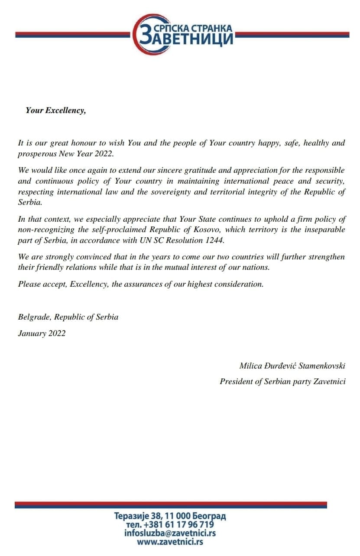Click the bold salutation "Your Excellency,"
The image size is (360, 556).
pyautogui.click(x=56, y=110)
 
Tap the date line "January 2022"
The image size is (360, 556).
pyautogui.click(x=42, y=333)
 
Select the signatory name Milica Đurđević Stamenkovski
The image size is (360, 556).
pyautogui.click(x=292, y=365)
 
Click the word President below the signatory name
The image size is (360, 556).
pyautogui.click(x=236, y=381)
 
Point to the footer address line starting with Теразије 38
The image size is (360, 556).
pyautogui.click(x=170, y=516)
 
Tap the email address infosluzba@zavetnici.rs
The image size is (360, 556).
pyautogui.click(x=170, y=533)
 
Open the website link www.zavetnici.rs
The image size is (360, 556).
pyautogui.click(x=170, y=541)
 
